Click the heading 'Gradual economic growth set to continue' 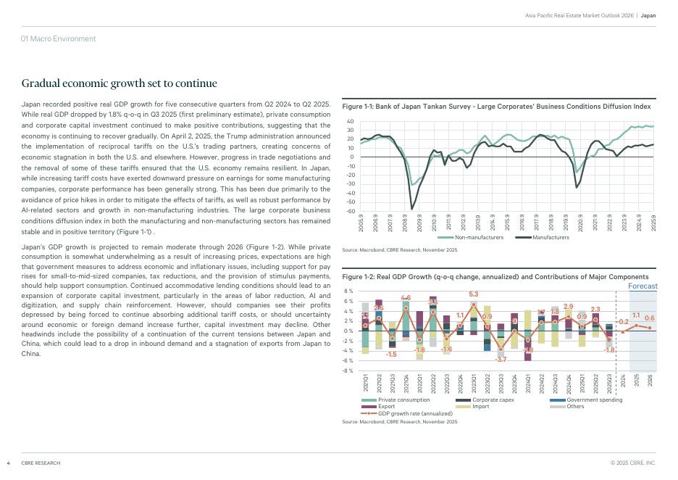120,84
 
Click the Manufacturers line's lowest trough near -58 412,209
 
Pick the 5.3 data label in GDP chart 474,294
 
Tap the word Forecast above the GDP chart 643,286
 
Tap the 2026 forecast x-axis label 650,380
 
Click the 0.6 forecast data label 650,319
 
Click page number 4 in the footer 8,463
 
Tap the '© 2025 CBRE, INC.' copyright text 633,463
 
